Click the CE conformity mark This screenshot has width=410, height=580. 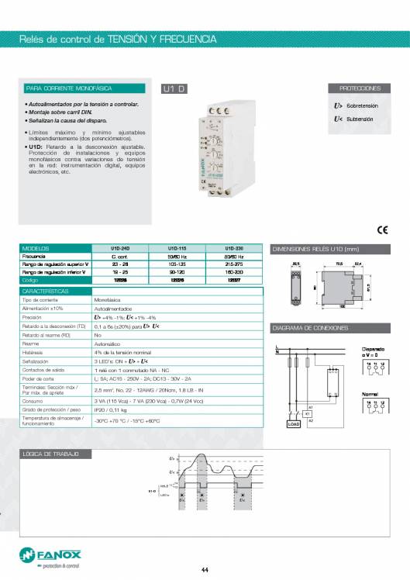pyautogui.click(x=381, y=230)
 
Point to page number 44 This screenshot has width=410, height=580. pyautogui.click(x=205, y=571)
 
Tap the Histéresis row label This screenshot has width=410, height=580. pyautogui.click(x=36, y=353)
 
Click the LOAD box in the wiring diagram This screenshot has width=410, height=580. pyautogui.click(x=294, y=424)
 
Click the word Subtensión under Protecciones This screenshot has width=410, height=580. pyautogui.click(x=359, y=119)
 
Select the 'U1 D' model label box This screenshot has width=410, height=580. pyautogui.click(x=174, y=89)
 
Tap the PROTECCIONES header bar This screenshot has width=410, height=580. pyautogui.click(x=360, y=88)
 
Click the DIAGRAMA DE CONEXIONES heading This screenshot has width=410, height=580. pyautogui.click(x=310, y=328)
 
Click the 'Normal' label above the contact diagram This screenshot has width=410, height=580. pyautogui.click(x=370, y=394)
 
